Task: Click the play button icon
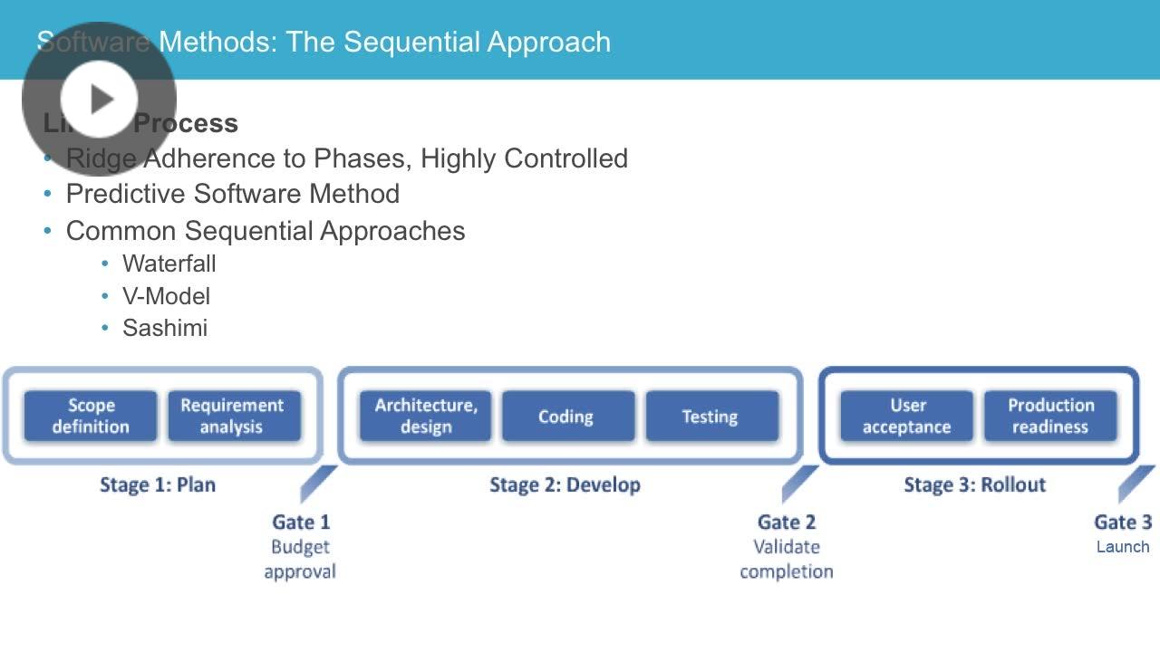point(100,99)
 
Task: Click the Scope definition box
point(91,417)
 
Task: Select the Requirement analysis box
point(233,417)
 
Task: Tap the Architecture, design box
point(425,417)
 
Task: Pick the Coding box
point(566,417)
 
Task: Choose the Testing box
point(710,417)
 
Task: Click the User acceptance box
point(906,417)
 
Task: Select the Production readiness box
point(1050,417)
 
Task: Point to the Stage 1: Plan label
point(158,484)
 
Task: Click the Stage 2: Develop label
point(565,484)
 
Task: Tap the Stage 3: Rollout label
point(974,484)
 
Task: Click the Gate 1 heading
point(301,522)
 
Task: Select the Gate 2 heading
point(786,522)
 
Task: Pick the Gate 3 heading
point(1123,522)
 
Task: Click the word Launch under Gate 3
point(1123,547)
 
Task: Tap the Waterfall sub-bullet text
point(169,264)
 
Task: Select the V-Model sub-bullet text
point(166,296)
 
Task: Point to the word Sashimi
point(165,328)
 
